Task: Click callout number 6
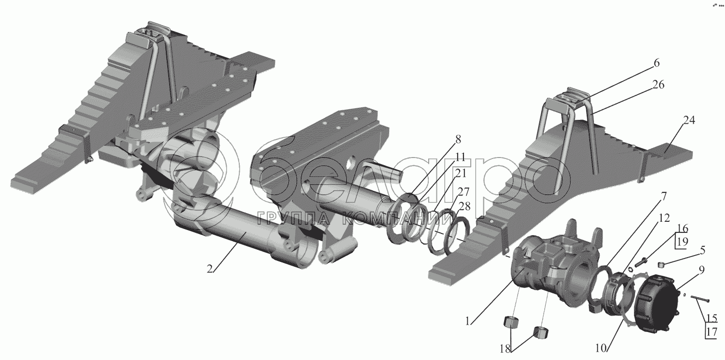pyautogui.click(x=656, y=63)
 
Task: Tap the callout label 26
pyautogui.click(x=658, y=85)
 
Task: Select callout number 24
pyautogui.click(x=689, y=120)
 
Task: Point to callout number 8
pyautogui.click(x=458, y=139)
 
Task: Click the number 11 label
pyautogui.click(x=460, y=157)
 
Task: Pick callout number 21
pyautogui.click(x=460, y=173)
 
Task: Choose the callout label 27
pyautogui.click(x=463, y=192)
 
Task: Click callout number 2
pyautogui.click(x=210, y=269)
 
